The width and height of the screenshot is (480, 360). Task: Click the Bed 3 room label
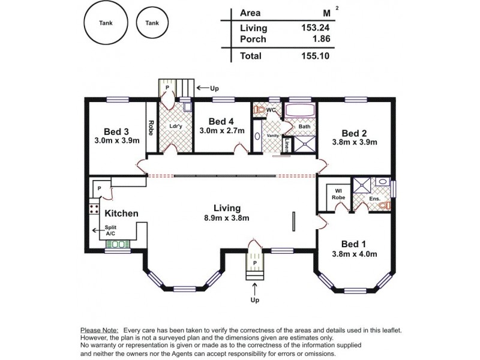tap(116, 131)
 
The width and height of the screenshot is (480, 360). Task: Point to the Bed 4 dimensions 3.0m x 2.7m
tap(222, 130)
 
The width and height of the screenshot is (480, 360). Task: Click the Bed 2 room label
tap(354, 133)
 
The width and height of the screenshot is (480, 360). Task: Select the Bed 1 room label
tap(354, 244)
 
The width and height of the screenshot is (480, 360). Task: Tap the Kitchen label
tap(122, 213)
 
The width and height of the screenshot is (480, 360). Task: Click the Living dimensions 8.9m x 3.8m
tap(223, 218)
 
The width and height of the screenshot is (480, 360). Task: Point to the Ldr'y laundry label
tap(176, 126)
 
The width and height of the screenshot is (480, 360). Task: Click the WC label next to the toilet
tap(271, 110)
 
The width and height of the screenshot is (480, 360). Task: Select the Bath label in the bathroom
tap(304, 126)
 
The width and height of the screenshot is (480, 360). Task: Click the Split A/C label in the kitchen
tap(110, 231)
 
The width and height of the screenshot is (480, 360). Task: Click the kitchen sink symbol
tap(116, 244)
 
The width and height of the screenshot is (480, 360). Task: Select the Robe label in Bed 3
tap(151, 128)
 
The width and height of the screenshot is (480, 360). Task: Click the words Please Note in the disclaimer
tap(99, 331)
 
